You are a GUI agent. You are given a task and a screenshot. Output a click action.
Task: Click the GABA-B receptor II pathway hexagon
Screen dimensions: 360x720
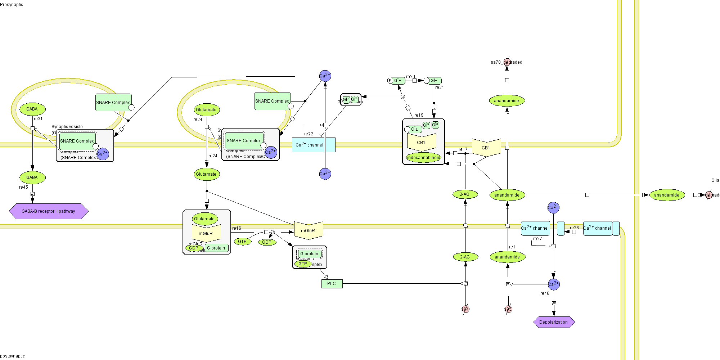(49, 211)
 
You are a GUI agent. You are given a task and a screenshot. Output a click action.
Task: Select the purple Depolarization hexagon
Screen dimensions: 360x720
(554, 322)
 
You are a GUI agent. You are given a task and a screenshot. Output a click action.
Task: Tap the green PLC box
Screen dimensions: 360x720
(332, 284)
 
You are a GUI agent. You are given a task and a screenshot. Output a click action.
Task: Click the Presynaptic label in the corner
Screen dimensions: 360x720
(12, 5)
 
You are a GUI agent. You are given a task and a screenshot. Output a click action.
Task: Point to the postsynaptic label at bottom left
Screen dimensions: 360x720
(13, 356)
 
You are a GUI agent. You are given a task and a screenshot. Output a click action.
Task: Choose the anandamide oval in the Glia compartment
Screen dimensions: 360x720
(667, 195)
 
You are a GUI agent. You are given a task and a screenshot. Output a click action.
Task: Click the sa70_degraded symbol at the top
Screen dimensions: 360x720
(507, 62)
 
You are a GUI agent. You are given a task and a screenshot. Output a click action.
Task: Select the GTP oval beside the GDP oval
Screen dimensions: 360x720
(242, 242)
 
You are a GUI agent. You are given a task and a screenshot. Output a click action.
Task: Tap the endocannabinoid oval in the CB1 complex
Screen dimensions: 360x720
(423, 158)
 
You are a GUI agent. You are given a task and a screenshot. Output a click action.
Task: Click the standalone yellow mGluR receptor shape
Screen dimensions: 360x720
(308, 230)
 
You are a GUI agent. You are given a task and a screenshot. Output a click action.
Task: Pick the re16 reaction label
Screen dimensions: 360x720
(237, 228)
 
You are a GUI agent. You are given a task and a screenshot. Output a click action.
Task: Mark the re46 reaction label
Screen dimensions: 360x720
(545, 293)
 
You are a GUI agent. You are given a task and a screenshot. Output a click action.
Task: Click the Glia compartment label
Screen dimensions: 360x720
(715, 180)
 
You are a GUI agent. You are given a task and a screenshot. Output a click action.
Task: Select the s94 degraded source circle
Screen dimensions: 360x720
(465, 309)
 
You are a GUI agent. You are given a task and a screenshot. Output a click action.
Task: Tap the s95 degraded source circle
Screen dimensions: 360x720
(508, 309)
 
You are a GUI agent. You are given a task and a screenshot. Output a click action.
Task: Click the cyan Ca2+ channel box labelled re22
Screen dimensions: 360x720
(313, 145)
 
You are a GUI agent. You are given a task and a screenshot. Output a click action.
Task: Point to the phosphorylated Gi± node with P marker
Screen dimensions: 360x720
(396, 81)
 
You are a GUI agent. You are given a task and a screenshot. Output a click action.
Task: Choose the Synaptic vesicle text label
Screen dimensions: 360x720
(67, 127)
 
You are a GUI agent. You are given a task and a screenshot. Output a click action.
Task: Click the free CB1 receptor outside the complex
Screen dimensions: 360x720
(486, 148)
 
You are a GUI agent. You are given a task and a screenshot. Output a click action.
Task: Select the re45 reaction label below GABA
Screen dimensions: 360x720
(23, 187)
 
